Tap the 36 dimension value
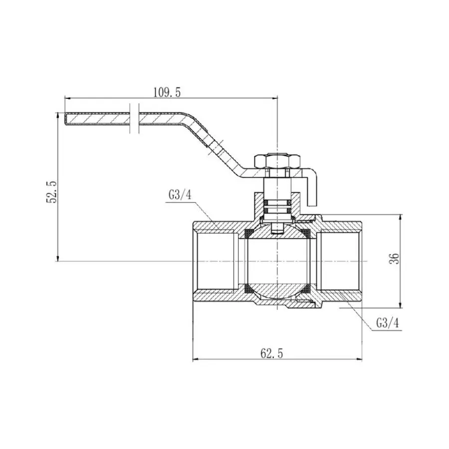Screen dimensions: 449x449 [394, 259]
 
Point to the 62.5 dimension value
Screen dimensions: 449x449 [271, 354]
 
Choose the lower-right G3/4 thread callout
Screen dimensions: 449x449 [388, 323]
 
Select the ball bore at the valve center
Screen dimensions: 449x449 [277, 261]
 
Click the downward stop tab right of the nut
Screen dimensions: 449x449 [312, 190]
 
